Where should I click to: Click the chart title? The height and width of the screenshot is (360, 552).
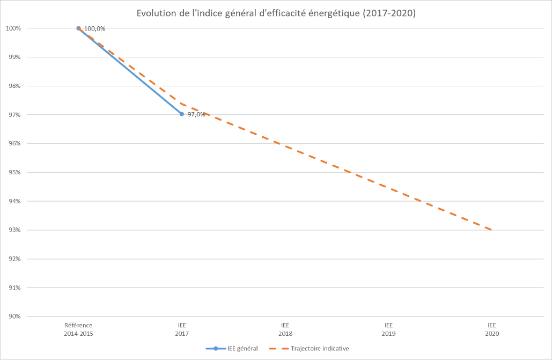point(276,13)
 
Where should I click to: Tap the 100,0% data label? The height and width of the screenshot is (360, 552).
point(95,28)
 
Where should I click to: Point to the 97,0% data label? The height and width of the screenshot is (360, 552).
point(196,114)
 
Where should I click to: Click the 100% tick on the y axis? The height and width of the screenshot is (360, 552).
point(14,28)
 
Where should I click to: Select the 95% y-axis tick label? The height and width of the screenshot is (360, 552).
point(15,173)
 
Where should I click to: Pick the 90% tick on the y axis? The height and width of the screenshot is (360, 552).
point(15,317)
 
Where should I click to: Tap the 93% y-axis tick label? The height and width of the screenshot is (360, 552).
point(15,230)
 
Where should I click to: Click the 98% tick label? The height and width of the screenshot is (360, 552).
point(15,86)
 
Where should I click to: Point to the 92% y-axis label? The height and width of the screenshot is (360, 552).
point(15,259)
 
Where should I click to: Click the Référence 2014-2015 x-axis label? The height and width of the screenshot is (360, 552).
point(78,329)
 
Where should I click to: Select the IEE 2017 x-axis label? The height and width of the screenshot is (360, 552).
point(182,329)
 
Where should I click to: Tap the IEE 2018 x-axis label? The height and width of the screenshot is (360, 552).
point(285,329)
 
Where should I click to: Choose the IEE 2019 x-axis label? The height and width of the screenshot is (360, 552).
point(389,329)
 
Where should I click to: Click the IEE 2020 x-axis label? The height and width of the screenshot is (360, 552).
point(492,329)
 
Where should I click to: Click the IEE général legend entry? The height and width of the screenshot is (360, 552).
point(232,349)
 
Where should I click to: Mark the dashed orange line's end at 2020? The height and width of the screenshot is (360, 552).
point(491,230)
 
